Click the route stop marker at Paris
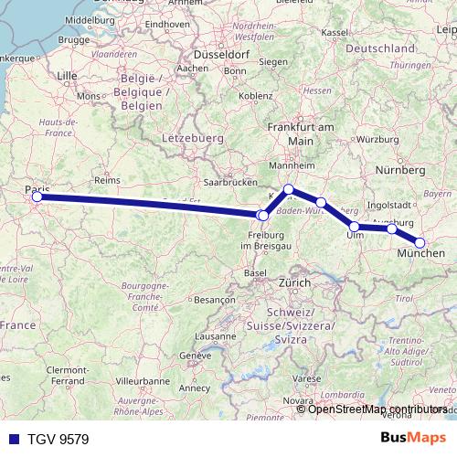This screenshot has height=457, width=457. pyautogui.click(x=37, y=197)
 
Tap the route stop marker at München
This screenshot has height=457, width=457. pyautogui.click(x=420, y=242)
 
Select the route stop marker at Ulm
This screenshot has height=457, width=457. pyautogui.click(x=355, y=226)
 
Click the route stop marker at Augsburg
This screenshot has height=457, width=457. pyautogui.click(x=392, y=228)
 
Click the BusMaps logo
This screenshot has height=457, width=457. pyautogui.click(x=416, y=438)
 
